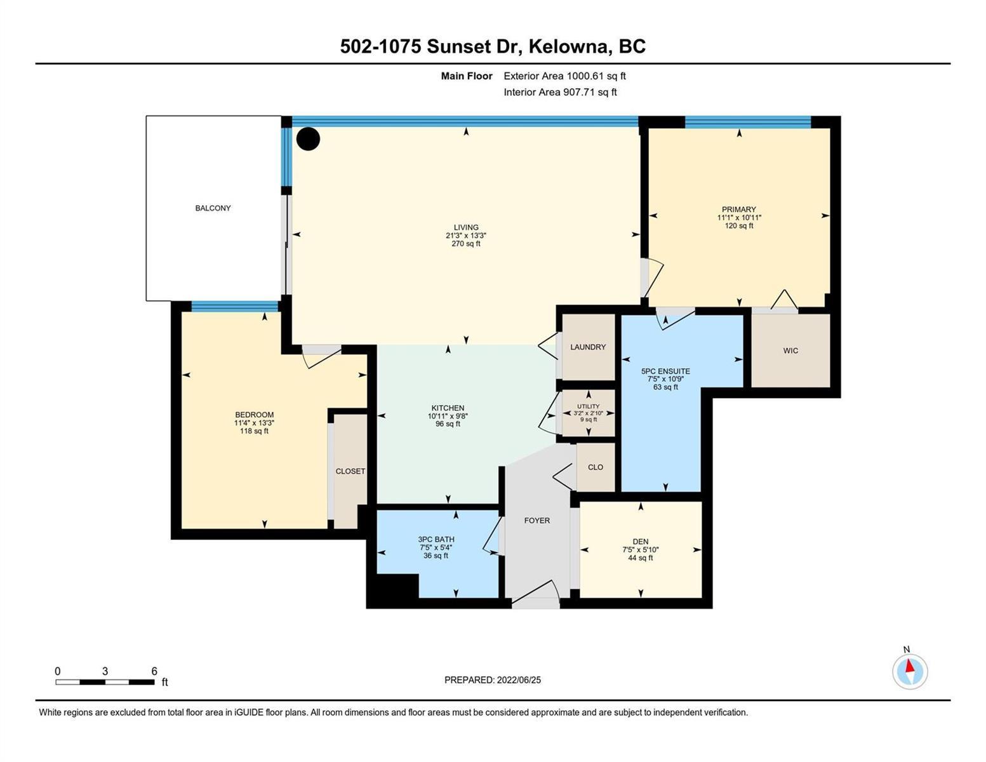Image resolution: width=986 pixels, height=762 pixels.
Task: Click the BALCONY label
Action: tap(213, 208)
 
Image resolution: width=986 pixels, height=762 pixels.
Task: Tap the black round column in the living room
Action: tap(308, 138)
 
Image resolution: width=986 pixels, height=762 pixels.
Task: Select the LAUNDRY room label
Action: tap(588, 347)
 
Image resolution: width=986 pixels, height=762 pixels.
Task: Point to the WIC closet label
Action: tap(790, 351)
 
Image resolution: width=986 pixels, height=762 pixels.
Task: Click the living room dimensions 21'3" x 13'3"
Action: tap(466, 236)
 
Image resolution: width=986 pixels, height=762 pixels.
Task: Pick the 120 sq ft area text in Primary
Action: tap(739, 225)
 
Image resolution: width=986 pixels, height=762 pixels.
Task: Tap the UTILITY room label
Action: tap(589, 406)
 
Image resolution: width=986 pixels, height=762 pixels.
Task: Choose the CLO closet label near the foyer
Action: tap(596, 467)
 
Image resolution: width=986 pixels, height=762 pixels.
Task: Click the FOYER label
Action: tap(536, 521)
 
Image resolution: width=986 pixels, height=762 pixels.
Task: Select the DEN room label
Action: tap(640, 542)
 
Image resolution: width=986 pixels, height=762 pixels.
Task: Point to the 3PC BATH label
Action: tap(436, 539)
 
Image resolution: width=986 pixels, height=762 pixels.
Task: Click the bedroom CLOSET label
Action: tap(350, 471)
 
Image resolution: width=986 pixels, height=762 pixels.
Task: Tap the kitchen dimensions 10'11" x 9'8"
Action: tap(448, 416)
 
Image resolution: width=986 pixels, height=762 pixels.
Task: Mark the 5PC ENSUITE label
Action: tap(665, 371)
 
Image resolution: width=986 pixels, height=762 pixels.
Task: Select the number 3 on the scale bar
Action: tap(105, 671)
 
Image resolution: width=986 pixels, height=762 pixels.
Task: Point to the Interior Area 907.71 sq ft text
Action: tap(560, 92)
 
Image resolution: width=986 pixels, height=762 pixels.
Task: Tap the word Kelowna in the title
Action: tap(568, 47)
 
